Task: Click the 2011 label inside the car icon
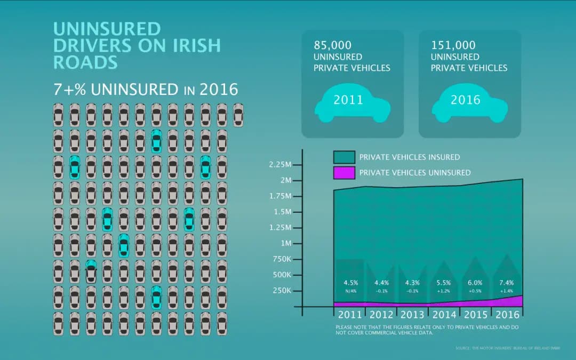348,100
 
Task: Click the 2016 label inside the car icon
466,100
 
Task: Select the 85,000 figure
333,45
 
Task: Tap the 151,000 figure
453,45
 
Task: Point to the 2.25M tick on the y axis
281,165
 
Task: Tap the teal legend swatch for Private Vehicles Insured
344,157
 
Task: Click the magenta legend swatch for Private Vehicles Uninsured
344,172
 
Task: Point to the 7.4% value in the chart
507,283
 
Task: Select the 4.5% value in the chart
350,283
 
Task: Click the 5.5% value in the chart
444,283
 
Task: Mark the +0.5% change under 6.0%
475,291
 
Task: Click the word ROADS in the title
85,62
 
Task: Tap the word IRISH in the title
195,45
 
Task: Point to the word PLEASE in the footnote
344,326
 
